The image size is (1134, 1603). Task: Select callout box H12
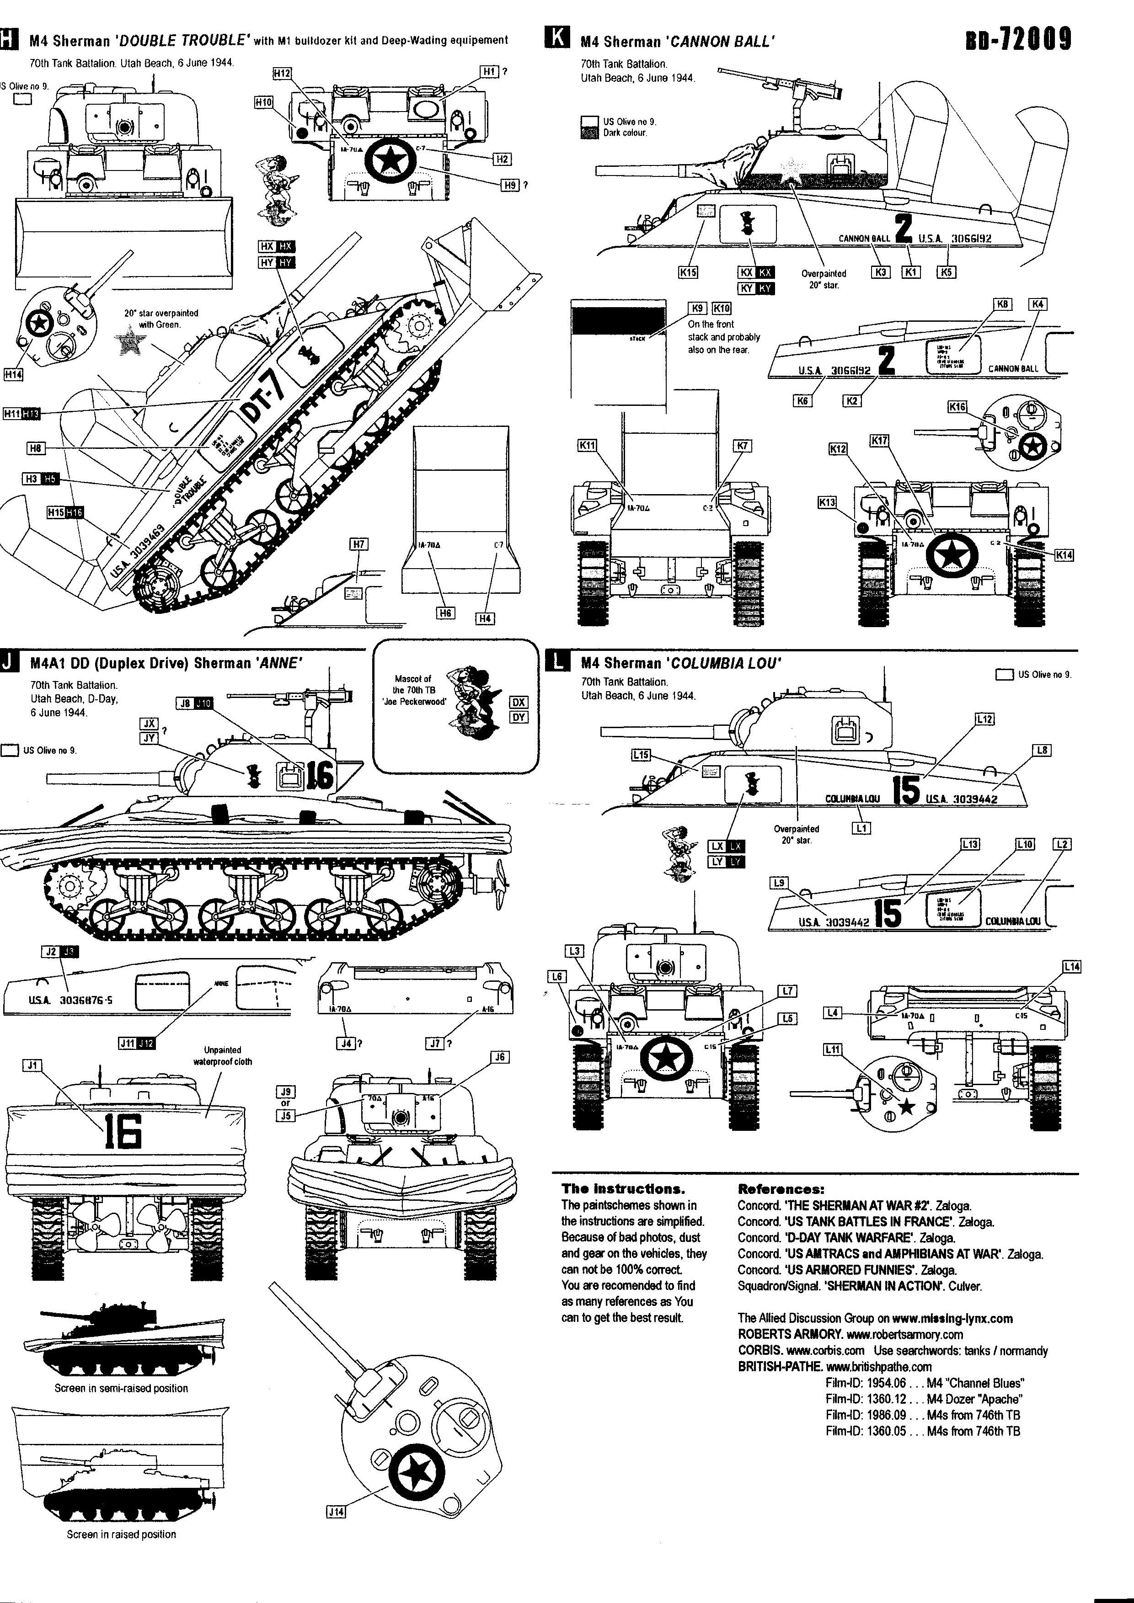pyautogui.click(x=282, y=73)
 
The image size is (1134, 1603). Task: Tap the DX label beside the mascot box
pyautogui.click(x=519, y=703)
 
